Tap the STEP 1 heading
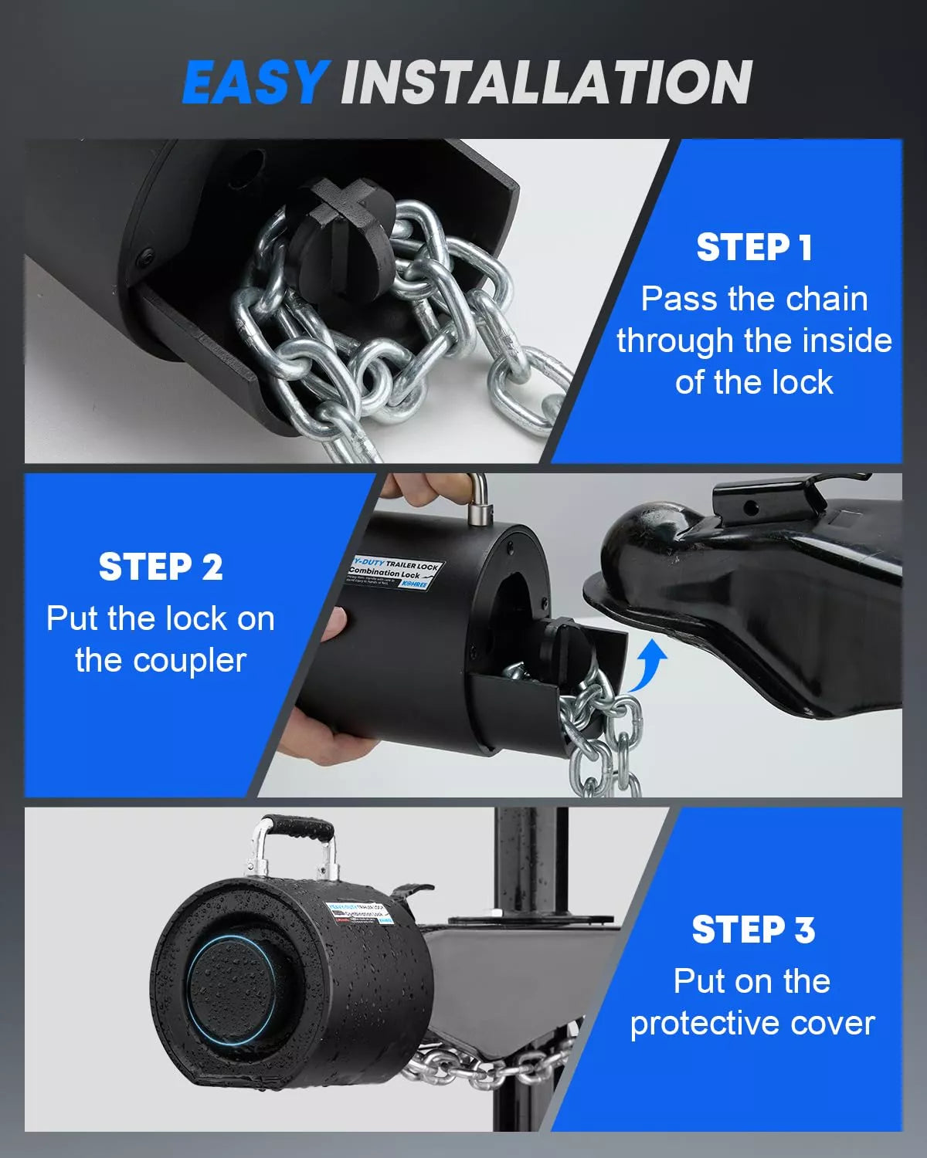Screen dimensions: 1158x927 (x=754, y=248)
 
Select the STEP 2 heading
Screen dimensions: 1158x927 (x=161, y=567)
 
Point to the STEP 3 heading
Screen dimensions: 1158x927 (x=753, y=929)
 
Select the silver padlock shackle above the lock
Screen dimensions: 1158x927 (x=478, y=498)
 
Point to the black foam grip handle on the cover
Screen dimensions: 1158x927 (x=297, y=829)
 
